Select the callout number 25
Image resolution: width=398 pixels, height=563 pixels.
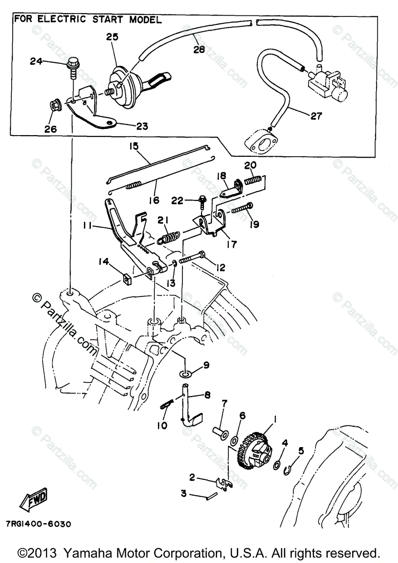(112, 37)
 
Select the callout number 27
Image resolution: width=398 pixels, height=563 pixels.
(316, 116)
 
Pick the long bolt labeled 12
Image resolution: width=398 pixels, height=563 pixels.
(192, 258)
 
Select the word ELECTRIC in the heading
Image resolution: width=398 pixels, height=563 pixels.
(61, 19)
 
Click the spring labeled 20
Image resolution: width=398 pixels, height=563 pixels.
(253, 181)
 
